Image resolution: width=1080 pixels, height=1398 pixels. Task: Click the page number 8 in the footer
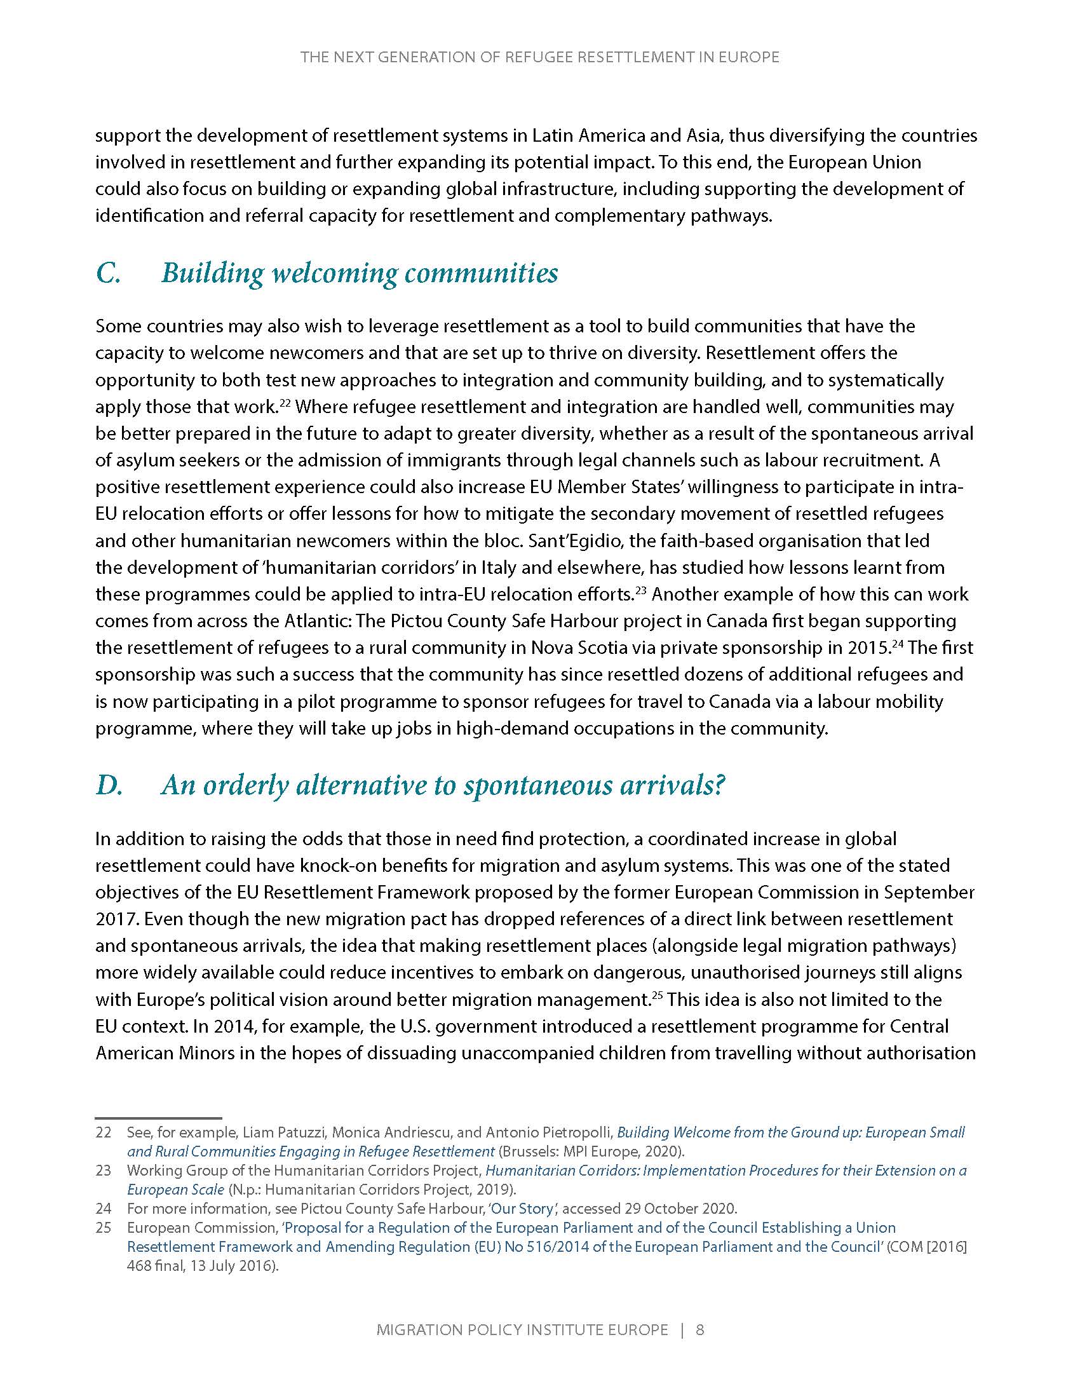(x=700, y=1329)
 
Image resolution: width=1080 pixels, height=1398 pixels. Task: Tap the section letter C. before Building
(x=108, y=273)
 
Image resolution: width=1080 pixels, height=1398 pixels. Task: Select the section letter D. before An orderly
(x=109, y=785)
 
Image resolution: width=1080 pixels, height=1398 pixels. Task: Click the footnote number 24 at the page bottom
(x=103, y=1209)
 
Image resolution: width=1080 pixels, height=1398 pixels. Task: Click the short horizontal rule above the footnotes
(x=158, y=1117)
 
